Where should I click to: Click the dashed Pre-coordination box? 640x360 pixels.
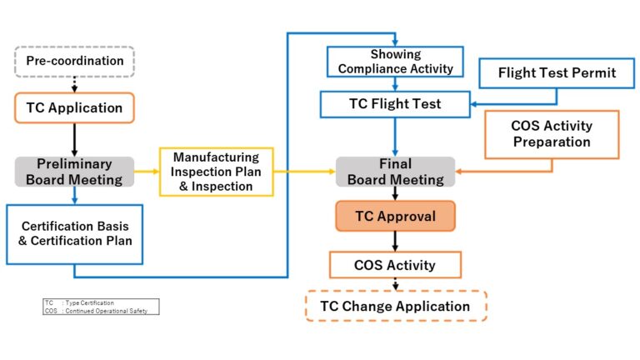point(74,61)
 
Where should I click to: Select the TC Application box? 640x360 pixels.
point(74,107)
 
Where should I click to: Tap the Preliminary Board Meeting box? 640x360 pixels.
point(74,172)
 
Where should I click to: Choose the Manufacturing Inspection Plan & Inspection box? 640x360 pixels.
point(216,172)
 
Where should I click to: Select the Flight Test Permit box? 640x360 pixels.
point(557,73)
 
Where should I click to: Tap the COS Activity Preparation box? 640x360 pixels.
point(551,134)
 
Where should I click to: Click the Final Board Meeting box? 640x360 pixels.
point(395,172)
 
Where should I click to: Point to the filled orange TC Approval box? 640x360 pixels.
point(395,216)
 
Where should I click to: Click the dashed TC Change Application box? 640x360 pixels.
point(396,306)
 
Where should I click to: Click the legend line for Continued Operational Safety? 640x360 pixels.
point(100,310)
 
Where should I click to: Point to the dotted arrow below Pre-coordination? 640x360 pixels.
point(75,83)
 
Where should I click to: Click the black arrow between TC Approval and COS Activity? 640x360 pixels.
point(395,241)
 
